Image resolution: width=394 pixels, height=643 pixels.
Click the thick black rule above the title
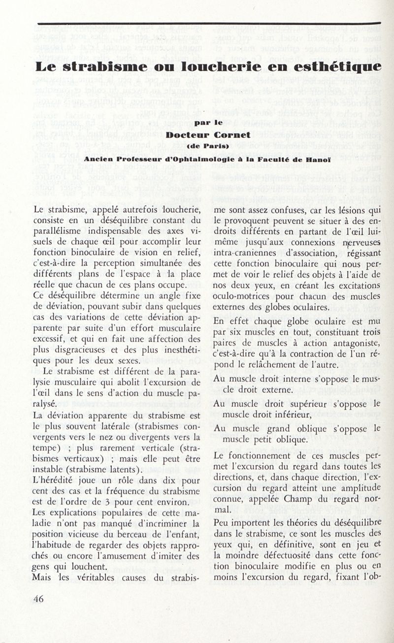coord(209,23)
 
